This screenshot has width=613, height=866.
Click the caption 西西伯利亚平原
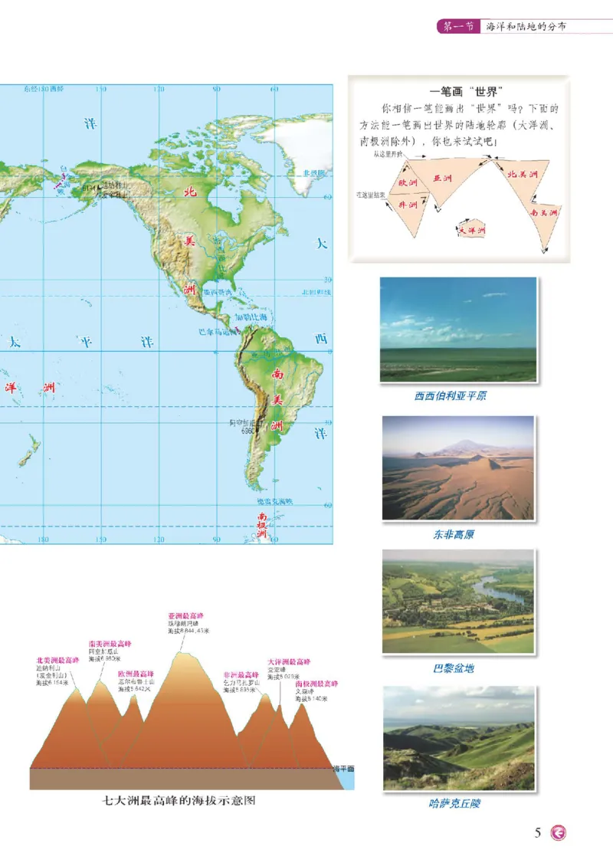(450, 396)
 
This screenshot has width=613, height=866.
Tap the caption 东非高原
(451, 534)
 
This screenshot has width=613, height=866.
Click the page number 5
(538, 832)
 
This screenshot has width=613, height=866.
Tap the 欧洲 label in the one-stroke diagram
(408, 184)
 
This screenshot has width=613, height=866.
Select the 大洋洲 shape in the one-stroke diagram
(472, 228)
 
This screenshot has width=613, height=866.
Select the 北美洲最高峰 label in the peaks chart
(57, 660)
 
